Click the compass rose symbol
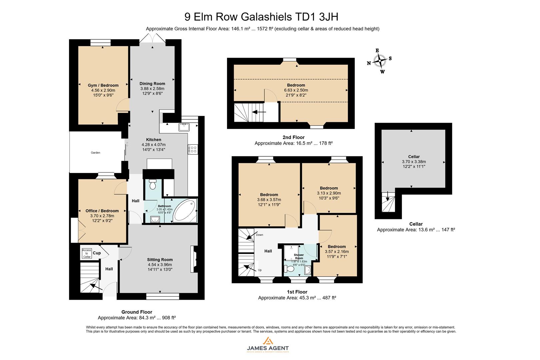(380, 61)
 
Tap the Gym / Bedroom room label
(103, 85)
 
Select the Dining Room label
(152, 84)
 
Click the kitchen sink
(184, 127)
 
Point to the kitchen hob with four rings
(193, 149)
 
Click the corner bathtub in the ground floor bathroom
(185, 211)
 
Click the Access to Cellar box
(87, 254)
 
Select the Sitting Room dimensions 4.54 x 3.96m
(160, 265)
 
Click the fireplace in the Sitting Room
(193, 259)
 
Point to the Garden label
(96, 153)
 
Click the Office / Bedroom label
(102, 211)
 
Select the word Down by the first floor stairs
(259, 235)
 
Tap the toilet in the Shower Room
(290, 269)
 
